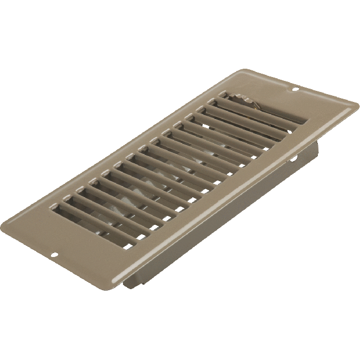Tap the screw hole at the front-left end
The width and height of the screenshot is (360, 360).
pos(55,255)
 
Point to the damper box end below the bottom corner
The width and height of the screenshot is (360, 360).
pos(128,282)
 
